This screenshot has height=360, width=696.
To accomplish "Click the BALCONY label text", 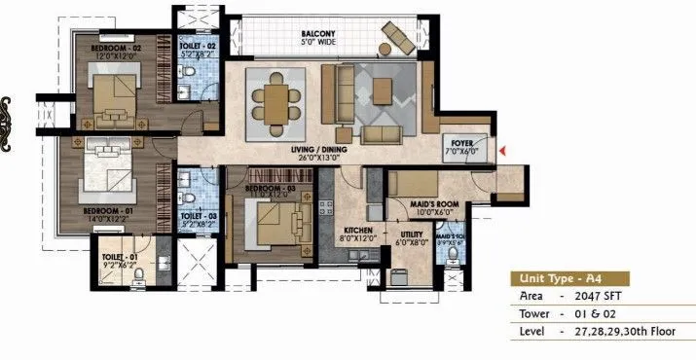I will click(318, 34).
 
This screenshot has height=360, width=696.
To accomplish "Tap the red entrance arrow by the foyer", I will click(502, 150).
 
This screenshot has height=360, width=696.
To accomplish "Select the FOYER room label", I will click(458, 142).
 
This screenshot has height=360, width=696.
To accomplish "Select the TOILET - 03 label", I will click(199, 216).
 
